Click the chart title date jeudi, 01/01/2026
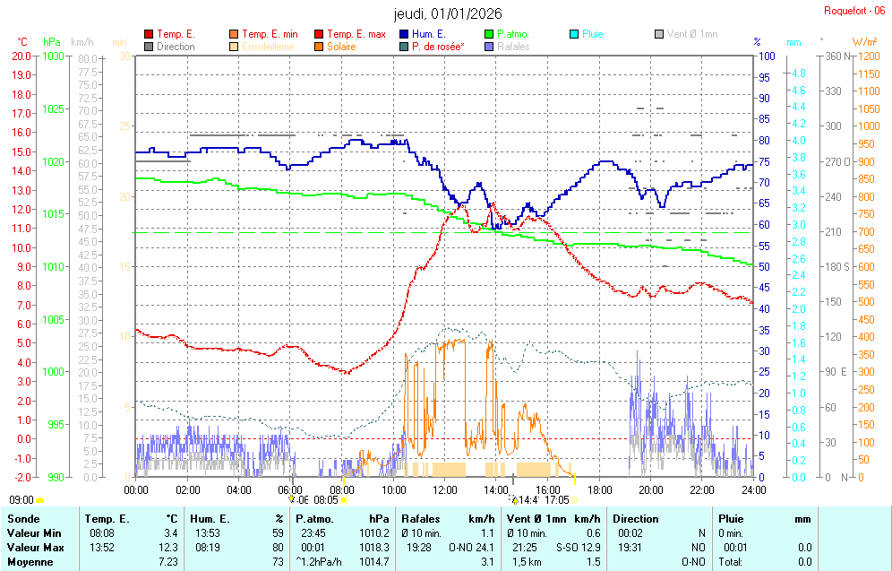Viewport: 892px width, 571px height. click(448, 13)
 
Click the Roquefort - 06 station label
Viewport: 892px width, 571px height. click(854, 11)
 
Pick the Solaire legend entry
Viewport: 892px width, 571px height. click(341, 47)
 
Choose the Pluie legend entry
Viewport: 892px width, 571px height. click(592, 34)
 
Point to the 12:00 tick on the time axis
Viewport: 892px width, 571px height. click(445, 489)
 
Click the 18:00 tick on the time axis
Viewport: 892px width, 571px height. click(599, 489)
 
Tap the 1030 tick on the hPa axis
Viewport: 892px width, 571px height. click(53, 56)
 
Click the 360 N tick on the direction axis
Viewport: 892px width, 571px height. click(834, 56)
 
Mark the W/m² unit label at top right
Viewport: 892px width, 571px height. click(864, 41)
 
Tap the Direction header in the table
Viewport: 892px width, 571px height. click(635, 519)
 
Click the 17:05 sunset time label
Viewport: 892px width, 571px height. click(556, 500)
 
